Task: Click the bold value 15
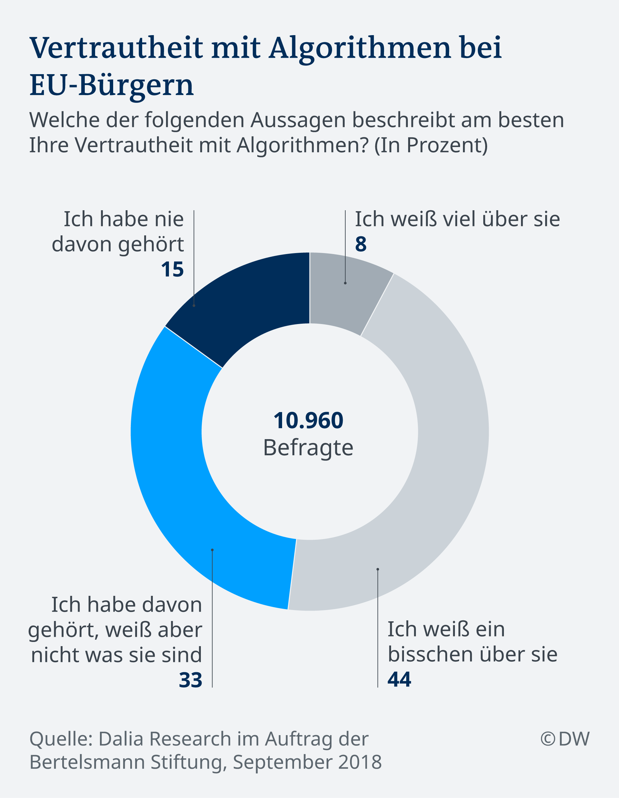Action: tap(172, 270)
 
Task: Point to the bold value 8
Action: tap(361, 244)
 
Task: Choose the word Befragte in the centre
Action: tap(309, 448)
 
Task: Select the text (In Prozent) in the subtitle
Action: tap(431, 145)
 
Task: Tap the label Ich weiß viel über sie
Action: tap(457, 219)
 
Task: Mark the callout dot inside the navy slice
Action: tap(194, 305)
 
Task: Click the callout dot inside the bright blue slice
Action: tap(212, 550)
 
